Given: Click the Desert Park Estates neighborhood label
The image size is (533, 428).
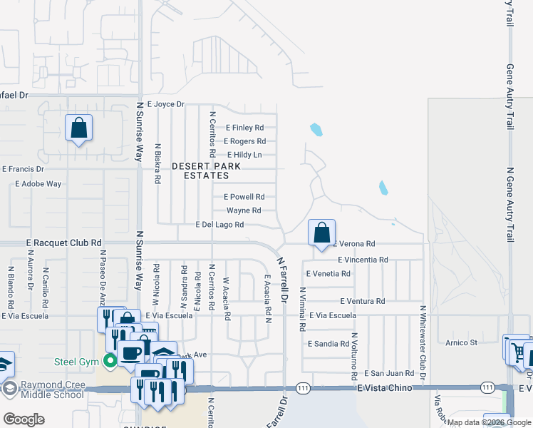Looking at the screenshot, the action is point(207,170).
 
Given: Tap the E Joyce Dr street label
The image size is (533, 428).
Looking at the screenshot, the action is point(165,104).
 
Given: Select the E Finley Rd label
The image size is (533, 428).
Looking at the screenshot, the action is point(244,128).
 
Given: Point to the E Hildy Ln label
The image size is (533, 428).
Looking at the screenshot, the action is point(244,155).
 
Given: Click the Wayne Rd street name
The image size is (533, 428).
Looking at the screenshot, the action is point(244,210).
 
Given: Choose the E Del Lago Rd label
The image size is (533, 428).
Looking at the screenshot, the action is point(220,225).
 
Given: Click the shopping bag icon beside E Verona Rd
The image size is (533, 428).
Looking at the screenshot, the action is point(322,233).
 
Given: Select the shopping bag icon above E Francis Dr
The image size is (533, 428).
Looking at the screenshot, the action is point(79,128).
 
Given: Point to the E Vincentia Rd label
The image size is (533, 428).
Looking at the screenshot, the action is point(363,260).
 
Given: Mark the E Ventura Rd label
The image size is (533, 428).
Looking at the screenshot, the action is point(362,301).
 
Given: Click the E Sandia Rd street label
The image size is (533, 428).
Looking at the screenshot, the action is point(328,344).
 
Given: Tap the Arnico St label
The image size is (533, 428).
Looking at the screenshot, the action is point(462,343).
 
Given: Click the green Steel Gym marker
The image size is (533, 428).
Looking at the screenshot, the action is point(110,361).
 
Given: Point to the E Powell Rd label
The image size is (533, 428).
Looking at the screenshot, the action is point(244,197).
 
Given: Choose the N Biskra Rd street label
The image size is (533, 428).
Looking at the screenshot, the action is point(157,163).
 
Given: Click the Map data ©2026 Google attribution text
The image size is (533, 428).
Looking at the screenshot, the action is point(489,422).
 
